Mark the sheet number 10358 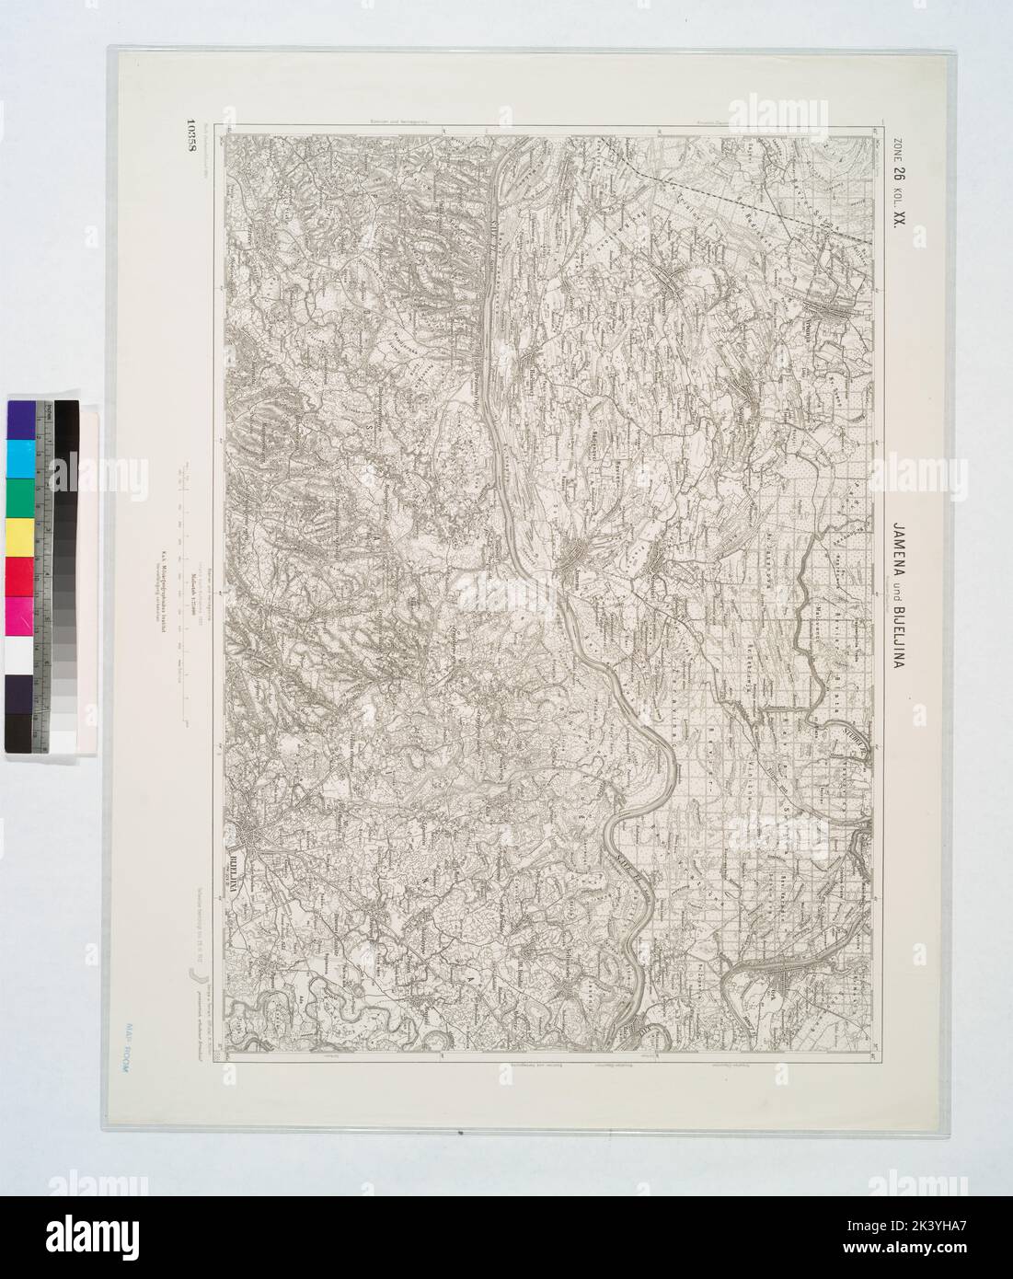click(x=190, y=144)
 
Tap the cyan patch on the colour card click(x=19, y=456)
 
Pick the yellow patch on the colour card click(x=19, y=534)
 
